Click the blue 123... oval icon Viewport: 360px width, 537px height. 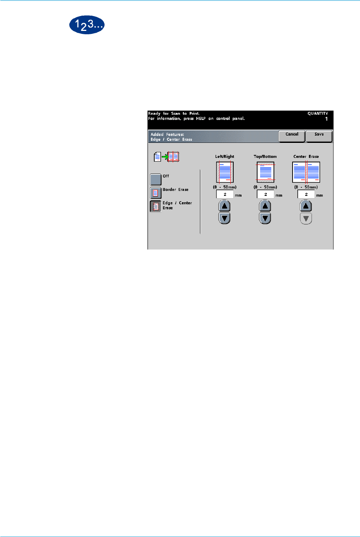[87, 25]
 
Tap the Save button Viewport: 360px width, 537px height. [319, 136]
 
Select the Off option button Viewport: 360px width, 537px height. [156, 179]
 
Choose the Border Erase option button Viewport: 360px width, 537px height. [156, 193]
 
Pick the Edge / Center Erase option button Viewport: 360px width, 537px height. [156, 206]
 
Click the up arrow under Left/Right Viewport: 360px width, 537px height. [224, 206]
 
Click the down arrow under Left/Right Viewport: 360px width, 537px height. [224, 218]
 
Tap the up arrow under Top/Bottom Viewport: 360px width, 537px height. [265, 206]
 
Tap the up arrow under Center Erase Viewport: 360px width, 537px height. [306, 206]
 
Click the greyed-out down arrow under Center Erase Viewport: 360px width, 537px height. [306, 219]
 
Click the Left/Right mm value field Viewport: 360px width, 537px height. [225, 194]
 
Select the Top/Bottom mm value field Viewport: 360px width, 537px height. [265, 194]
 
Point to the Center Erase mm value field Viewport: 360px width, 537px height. [306, 194]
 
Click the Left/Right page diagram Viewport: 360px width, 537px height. [225, 172]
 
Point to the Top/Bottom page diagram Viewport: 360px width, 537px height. [265, 172]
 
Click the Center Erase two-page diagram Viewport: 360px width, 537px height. [306, 172]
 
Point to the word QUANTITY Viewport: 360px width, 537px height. [318, 114]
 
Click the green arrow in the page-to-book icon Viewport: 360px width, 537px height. [165, 157]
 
